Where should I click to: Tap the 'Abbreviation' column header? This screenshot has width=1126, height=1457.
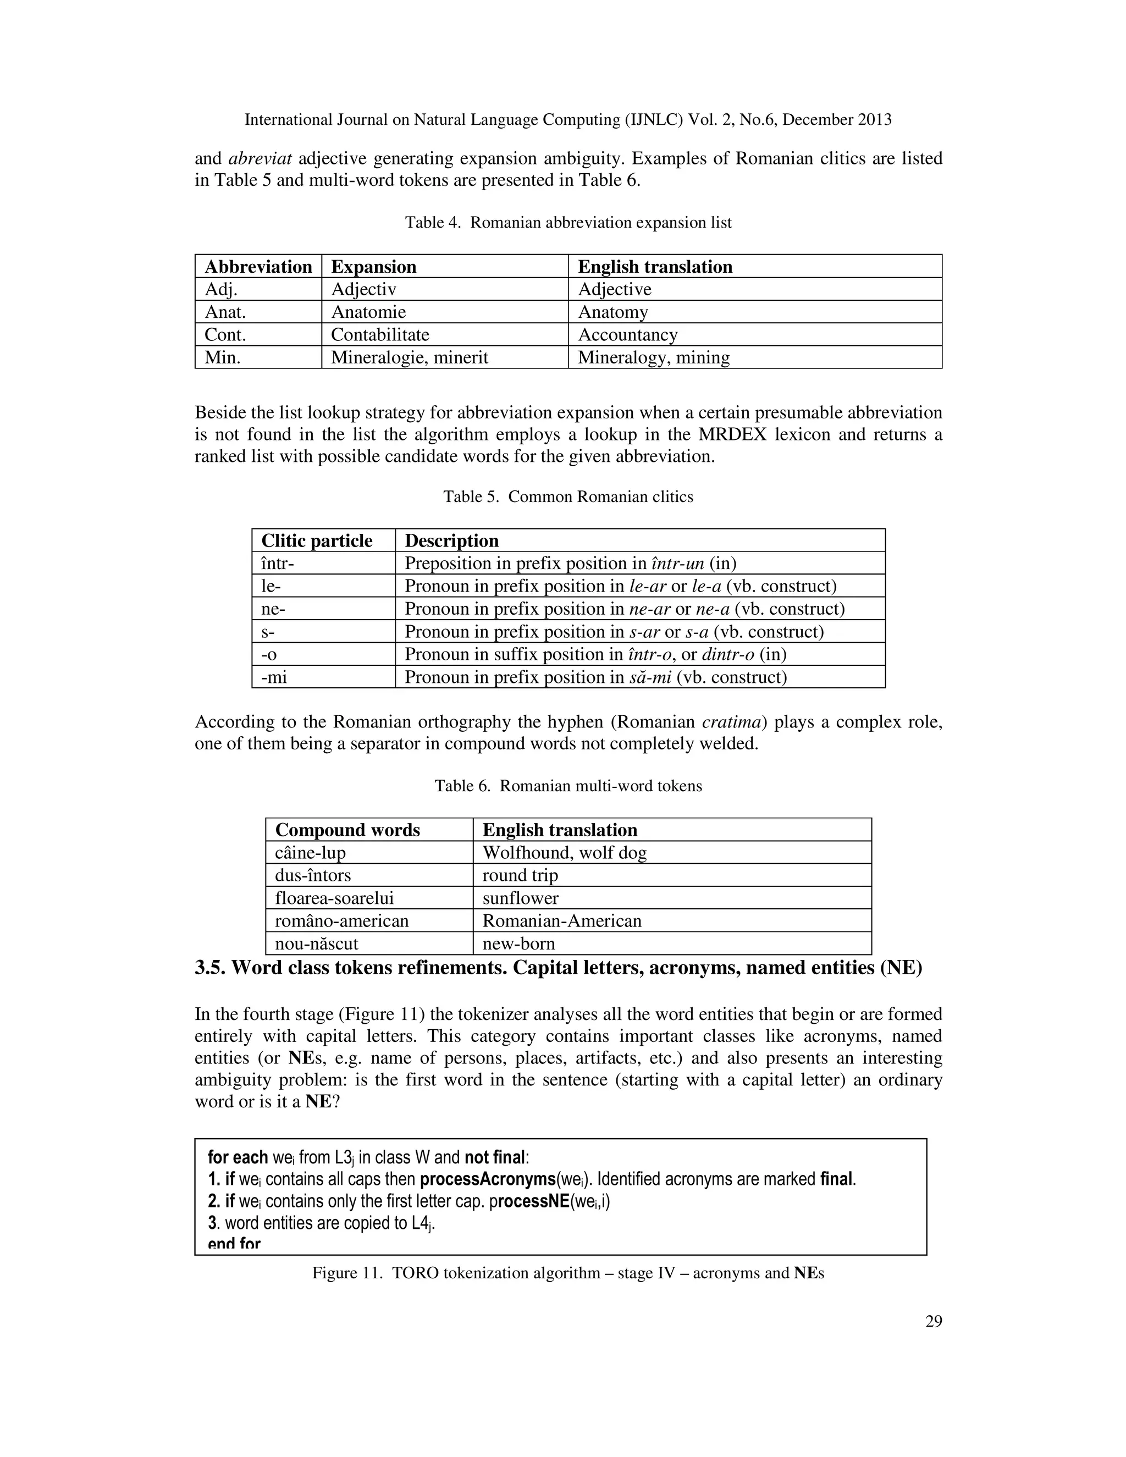[x=258, y=267]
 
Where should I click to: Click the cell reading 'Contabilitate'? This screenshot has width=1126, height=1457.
[x=379, y=335]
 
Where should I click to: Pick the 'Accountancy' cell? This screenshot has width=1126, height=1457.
[x=627, y=335]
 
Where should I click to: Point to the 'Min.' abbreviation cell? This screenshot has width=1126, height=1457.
[x=222, y=357]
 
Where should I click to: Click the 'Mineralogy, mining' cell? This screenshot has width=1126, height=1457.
[x=653, y=357]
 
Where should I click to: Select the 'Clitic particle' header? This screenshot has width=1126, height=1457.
[x=316, y=540]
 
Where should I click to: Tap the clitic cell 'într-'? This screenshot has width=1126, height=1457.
[x=278, y=564]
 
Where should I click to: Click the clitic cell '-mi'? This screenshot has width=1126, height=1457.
[x=274, y=677]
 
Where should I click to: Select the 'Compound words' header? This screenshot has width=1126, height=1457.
[x=347, y=830]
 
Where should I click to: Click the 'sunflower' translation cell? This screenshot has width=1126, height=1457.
[x=520, y=898]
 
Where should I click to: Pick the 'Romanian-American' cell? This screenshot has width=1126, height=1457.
[x=562, y=920]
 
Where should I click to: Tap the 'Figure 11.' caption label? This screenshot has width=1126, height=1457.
[x=347, y=1273]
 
